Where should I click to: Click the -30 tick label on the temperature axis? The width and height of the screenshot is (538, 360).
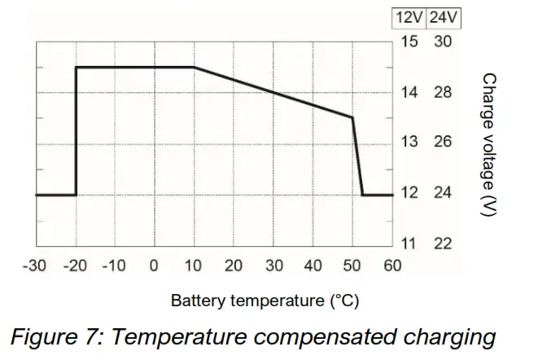(x=35, y=266)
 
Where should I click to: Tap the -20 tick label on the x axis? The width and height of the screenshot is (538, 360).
(x=75, y=266)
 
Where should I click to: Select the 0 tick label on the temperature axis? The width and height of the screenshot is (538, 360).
(x=154, y=266)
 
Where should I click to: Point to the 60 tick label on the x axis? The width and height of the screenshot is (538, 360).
(x=392, y=266)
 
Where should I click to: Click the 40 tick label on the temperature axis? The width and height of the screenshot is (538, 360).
(x=313, y=266)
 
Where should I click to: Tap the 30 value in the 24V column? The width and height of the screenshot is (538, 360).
(x=442, y=41)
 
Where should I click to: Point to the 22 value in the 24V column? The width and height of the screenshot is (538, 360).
(x=442, y=244)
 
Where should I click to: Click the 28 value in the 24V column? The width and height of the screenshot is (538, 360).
(x=442, y=92)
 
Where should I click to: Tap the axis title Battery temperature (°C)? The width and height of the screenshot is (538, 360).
(x=265, y=301)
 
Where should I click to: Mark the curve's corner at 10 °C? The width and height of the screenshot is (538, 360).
(x=194, y=67)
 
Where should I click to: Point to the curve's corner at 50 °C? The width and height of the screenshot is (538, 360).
(x=352, y=117)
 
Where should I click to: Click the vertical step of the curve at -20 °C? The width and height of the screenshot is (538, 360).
(x=76, y=130)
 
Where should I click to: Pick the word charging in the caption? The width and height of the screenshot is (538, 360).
(x=458, y=336)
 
